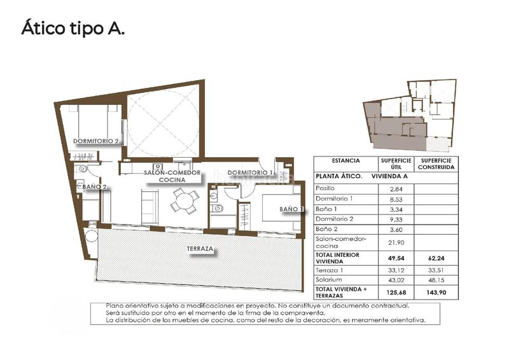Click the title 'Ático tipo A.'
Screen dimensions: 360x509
tap(73, 29)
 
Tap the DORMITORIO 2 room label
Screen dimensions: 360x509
tap(96, 141)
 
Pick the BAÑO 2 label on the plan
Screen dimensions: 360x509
tap(94, 186)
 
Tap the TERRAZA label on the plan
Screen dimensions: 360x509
tap(200, 249)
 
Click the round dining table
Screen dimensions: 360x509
tap(185, 202)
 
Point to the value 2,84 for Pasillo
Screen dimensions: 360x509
tap(396, 189)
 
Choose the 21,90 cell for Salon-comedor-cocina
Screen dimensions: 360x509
tap(396, 242)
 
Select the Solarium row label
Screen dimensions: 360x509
tap(328, 279)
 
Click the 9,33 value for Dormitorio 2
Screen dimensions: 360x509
tap(396, 219)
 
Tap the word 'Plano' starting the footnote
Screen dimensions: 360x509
tap(117, 305)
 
